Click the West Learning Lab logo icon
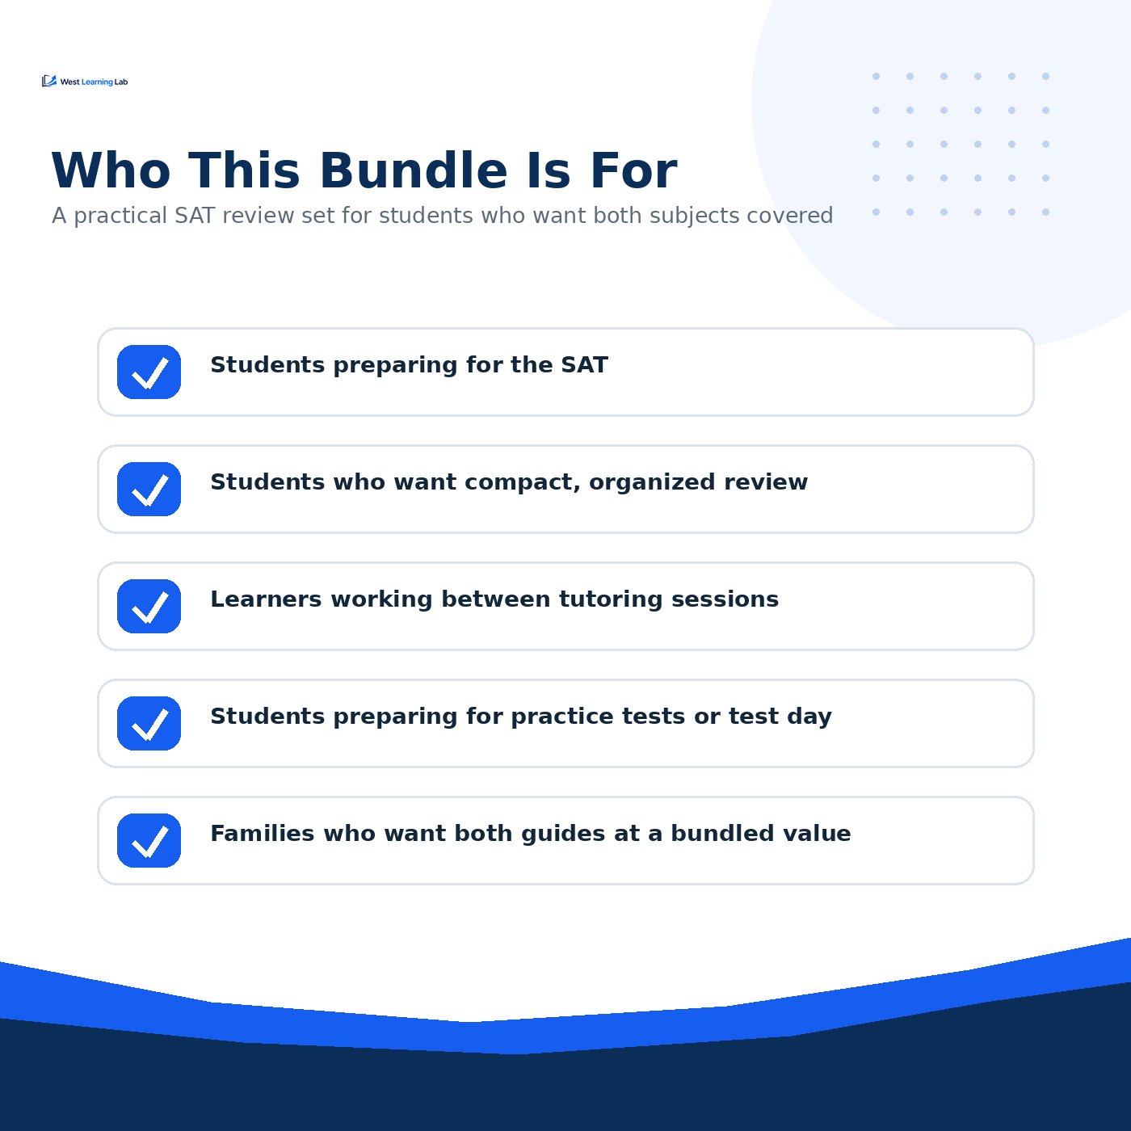click(x=49, y=81)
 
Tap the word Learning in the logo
click(x=97, y=82)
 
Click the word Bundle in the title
click(x=413, y=170)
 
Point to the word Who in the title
click(x=111, y=170)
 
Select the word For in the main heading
click(x=633, y=170)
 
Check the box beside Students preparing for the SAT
click(x=149, y=372)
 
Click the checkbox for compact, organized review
click(x=149, y=489)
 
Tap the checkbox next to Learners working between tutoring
click(x=149, y=606)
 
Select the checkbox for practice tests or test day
click(x=149, y=723)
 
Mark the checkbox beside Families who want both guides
click(x=149, y=840)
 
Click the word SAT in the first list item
click(x=585, y=364)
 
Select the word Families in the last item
click(x=263, y=834)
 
